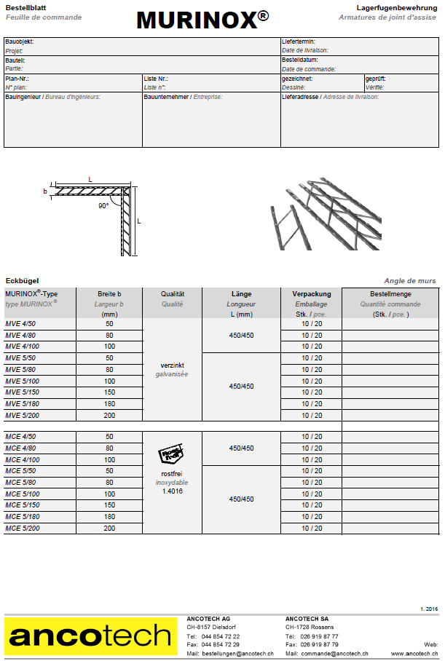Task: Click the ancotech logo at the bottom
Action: [91, 636]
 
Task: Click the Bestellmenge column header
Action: [390, 294]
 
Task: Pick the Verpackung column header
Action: [312, 294]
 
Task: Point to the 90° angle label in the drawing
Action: [103, 206]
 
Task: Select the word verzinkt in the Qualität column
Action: [171, 365]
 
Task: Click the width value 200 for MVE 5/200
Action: [109, 416]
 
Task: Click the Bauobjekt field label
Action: [19, 42]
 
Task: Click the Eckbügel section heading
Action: [22, 280]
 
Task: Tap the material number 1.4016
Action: [172, 491]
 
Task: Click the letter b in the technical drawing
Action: [45, 191]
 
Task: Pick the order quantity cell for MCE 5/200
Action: [390, 529]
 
